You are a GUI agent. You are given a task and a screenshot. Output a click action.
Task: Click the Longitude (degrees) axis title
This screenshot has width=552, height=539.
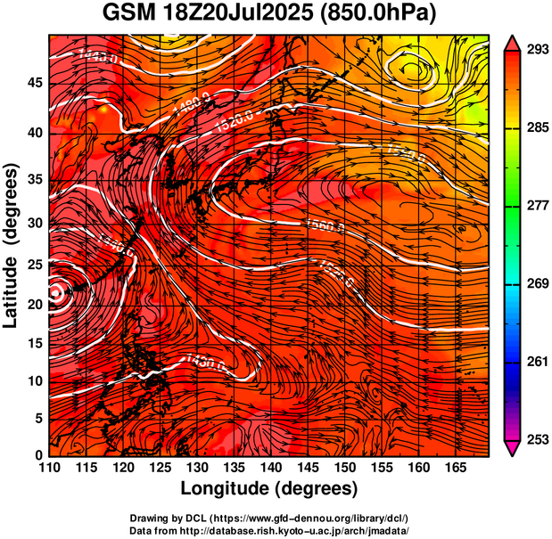(x=269, y=488)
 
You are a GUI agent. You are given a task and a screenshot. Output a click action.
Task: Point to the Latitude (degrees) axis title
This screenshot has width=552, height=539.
(x=12, y=245)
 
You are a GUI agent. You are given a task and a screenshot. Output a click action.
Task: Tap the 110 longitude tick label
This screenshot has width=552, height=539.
(x=49, y=466)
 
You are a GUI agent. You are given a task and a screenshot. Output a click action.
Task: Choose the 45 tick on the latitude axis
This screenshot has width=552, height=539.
(x=34, y=82)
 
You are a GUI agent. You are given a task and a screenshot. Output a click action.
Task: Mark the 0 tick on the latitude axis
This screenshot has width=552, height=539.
(x=38, y=455)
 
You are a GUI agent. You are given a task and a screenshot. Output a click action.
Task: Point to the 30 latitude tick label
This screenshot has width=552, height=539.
(x=34, y=223)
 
